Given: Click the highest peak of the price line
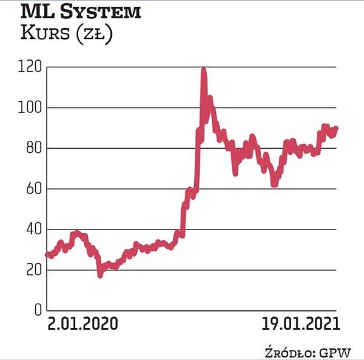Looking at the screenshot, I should (x=203, y=70).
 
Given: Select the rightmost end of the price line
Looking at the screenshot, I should (x=336, y=128).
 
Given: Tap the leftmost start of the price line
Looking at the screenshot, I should (x=47, y=254).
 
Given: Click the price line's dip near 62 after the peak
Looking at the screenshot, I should (x=274, y=184).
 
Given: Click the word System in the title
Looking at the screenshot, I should (x=104, y=12).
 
